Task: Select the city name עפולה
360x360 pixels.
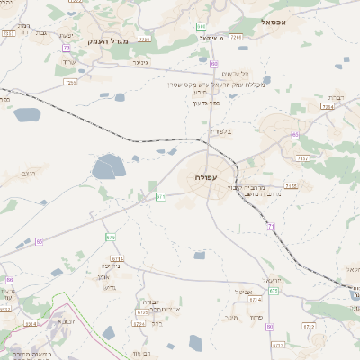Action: [205, 178]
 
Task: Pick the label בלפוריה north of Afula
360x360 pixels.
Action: [220, 131]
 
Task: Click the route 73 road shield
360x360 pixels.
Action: [66, 48]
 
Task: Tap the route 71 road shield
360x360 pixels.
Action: [270, 227]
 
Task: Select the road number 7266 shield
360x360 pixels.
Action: [236, 38]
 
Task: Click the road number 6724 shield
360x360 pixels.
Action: [255, 299]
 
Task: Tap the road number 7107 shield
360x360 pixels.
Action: [302, 157]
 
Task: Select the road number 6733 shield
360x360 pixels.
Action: [141, 311]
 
